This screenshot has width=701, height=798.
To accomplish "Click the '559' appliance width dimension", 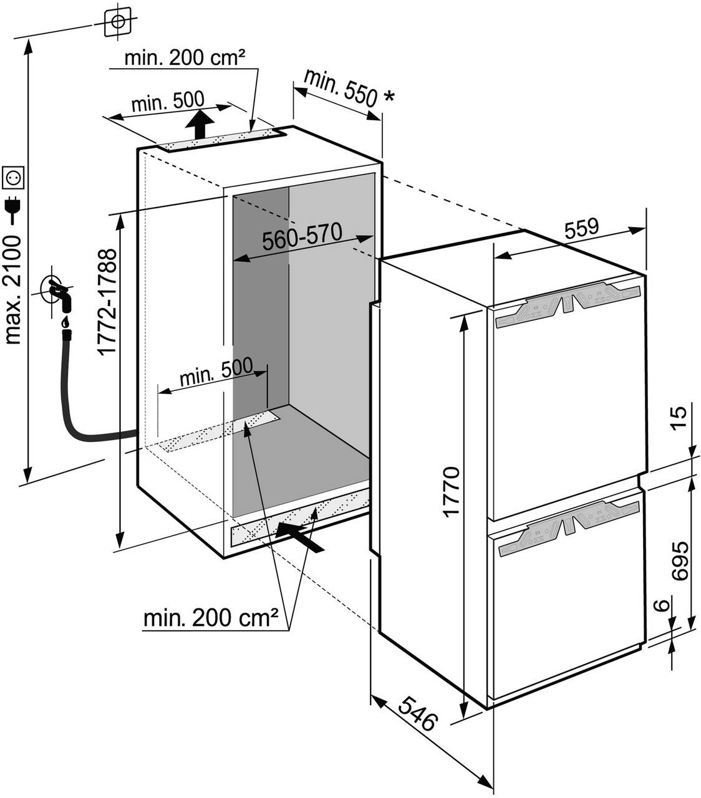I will tap(581, 228).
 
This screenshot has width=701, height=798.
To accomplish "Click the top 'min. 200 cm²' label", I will tap(183, 59).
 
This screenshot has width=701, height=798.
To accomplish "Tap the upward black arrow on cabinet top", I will tap(200, 125).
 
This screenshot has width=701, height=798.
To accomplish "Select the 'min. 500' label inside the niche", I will tap(216, 378).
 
